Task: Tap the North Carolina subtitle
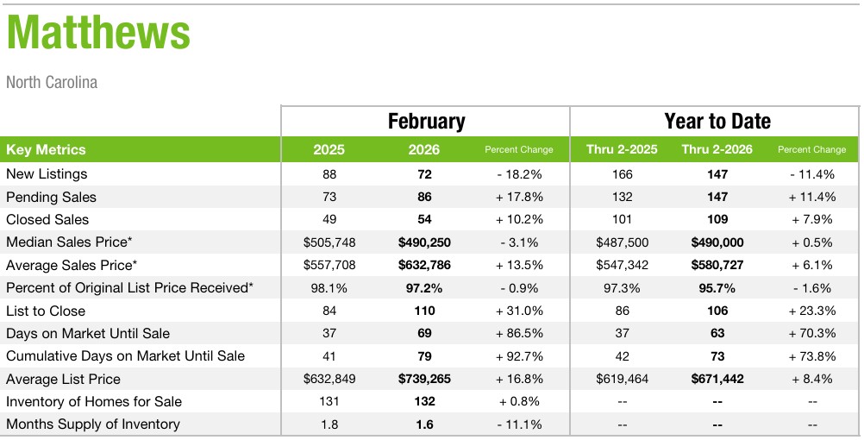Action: (x=52, y=83)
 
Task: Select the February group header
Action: (x=426, y=122)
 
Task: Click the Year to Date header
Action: (x=717, y=122)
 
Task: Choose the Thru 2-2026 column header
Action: (x=717, y=149)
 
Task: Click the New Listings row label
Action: (x=47, y=174)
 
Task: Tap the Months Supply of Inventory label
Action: (x=93, y=424)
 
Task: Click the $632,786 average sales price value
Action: (x=423, y=265)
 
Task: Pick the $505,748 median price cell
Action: (x=329, y=242)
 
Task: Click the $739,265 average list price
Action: (x=423, y=379)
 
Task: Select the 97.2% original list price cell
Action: (x=423, y=288)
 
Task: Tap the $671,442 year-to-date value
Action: (x=717, y=379)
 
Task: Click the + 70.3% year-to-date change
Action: (x=811, y=334)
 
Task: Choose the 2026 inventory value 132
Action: (x=423, y=402)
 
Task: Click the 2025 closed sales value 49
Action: (x=329, y=220)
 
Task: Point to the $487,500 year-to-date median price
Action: (x=622, y=242)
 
